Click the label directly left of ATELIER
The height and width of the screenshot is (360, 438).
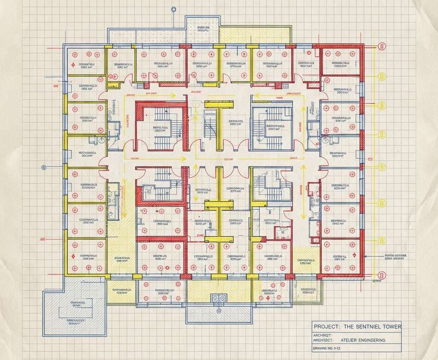click(x=323, y=340)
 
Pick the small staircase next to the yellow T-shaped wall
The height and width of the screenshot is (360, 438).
click(x=210, y=124)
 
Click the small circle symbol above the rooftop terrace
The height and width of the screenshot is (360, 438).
click(x=173, y=9)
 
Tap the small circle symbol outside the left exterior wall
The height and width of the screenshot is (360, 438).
click(x=43, y=167)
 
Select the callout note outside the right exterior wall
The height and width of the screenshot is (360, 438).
click(x=396, y=256)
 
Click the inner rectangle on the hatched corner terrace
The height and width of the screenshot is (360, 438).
click(x=75, y=312)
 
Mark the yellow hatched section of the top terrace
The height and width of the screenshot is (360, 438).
click(x=255, y=34)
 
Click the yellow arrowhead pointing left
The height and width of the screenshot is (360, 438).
click(x=255, y=96)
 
